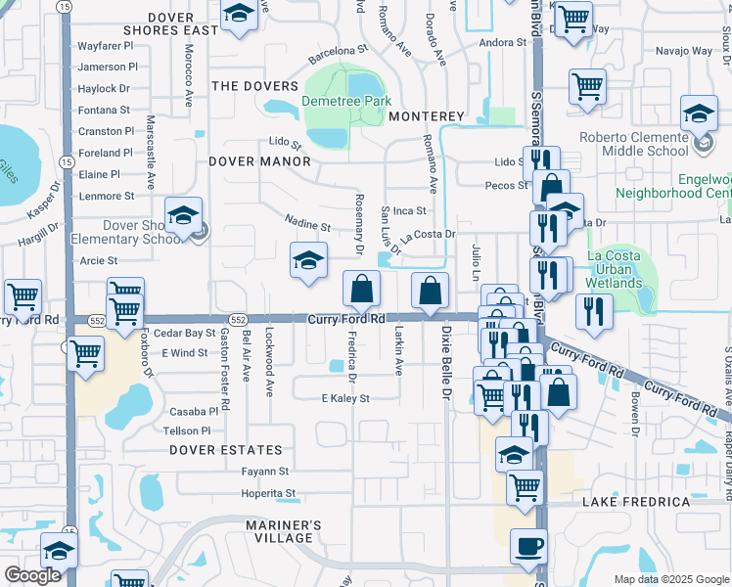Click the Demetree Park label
pos(346,101)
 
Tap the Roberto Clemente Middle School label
pos(647,145)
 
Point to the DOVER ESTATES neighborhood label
pos(225,450)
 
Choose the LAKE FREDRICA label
pos(636,502)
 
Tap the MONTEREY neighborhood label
pos(426,116)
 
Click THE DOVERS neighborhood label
pos(254,86)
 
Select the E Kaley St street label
pos(345,398)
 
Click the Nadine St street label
pos(308,226)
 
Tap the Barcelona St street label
pos(338,48)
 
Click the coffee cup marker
pos(529,546)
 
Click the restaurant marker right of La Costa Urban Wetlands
pos(593,310)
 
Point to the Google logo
pos(33,576)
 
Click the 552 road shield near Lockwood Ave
pos(238,320)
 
